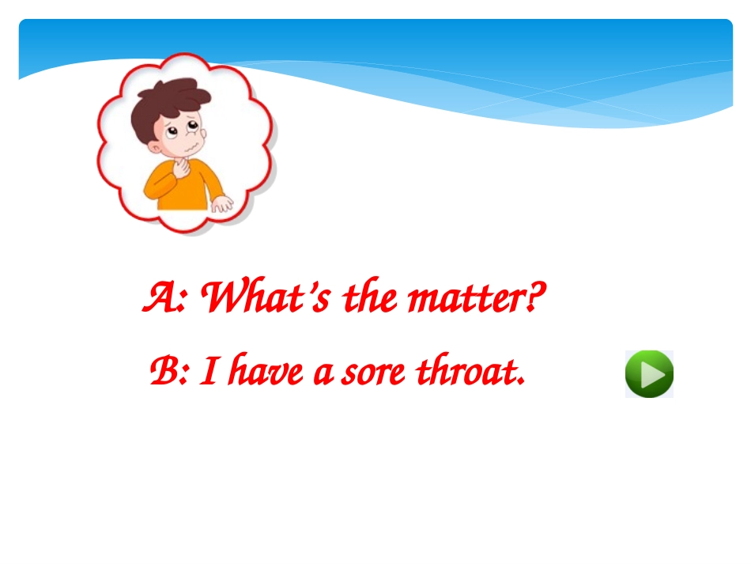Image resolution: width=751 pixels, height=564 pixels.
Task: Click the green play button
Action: [x=649, y=374]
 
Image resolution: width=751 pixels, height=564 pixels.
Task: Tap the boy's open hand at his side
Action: [x=222, y=204]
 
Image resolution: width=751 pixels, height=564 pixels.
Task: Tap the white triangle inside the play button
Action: [x=651, y=374]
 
